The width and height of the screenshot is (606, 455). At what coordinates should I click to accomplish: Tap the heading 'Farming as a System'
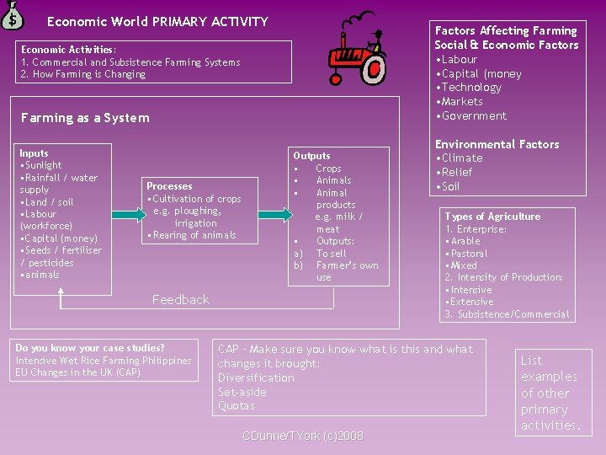pyautogui.click(x=85, y=118)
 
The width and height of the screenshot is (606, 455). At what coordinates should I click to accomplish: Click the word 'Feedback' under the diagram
pyautogui.click(x=180, y=300)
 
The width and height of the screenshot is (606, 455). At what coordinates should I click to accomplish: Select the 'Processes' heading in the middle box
pyautogui.click(x=169, y=186)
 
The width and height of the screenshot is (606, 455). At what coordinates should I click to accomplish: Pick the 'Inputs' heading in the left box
pyautogui.click(x=34, y=153)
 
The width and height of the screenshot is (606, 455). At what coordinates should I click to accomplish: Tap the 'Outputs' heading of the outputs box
pyautogui.click(x=311, y=156)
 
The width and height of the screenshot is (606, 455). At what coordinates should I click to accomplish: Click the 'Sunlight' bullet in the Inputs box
pyautogui.click(x=42, y=165)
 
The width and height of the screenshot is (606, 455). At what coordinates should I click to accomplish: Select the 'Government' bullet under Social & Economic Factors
pyautogui.click(x=471, y=116)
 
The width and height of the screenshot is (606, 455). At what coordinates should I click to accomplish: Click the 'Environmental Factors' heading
pyautogui.click(x=497, y=144)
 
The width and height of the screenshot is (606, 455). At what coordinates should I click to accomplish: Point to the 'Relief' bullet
pyautogui.click(x=456, y=172)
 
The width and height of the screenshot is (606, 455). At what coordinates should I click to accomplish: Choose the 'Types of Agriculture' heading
pyautogui.click(x=492, y=217)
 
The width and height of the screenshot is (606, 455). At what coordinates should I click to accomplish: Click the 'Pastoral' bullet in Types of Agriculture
pyautogui.click(x=466, y=254)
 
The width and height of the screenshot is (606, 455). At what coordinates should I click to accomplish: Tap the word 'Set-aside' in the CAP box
pyautogui.click(x=242, y=392)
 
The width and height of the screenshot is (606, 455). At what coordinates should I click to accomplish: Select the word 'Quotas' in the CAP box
pyautogui.click(x=236, y=406)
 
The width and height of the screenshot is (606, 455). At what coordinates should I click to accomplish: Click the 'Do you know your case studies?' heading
pyautogui.click(x=90, y=348)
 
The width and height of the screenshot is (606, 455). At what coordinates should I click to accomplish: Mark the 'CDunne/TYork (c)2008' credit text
pyautogui.click(x=302, y=436)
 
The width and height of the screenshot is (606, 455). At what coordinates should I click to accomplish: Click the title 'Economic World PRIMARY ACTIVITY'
pyautogui.click(x=157, y=22)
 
